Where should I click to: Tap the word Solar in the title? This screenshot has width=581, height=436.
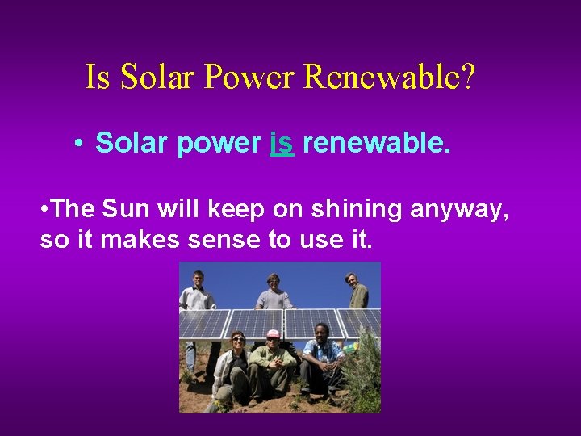click(158, 78)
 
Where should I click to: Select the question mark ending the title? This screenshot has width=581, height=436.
click(469, 78)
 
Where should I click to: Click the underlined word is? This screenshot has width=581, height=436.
click(281, 144)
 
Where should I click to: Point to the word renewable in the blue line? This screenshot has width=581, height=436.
click(376, 144)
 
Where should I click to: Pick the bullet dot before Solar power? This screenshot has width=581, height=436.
click(77, 144)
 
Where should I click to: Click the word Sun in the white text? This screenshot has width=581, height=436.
click(122, 210)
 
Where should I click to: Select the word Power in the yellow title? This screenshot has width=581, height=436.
click(253, 78)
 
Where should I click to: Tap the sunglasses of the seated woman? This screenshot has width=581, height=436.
click(239, 338)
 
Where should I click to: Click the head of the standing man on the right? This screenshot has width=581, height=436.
click(352, 280)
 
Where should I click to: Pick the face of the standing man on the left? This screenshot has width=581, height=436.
click(198, 279)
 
